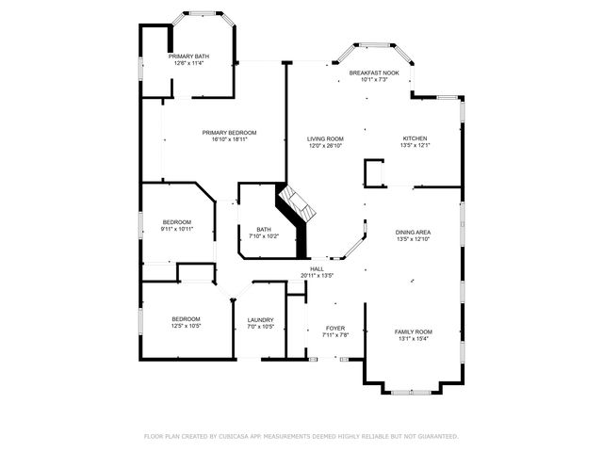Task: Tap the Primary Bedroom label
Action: pos(230,132)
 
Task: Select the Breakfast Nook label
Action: pos(374,73)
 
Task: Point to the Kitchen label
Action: pos(416,138)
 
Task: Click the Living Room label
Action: pos(325,138)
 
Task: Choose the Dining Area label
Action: pos(414,232)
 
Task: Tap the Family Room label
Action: pos(413,331)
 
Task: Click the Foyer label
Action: pos(336,328)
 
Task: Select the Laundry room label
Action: pos(261,320)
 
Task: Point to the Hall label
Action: pos(318,268)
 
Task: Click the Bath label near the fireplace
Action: pos(263,229)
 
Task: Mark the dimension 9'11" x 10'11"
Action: pos(176,229)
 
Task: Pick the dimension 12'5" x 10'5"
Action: pos(186,327)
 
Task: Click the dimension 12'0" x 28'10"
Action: pos(325,146)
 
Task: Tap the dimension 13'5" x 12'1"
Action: pos(416,146)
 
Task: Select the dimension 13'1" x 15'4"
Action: pos(413,339)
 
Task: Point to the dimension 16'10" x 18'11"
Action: pos(230,139)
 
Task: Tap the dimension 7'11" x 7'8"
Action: pos(336,335)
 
